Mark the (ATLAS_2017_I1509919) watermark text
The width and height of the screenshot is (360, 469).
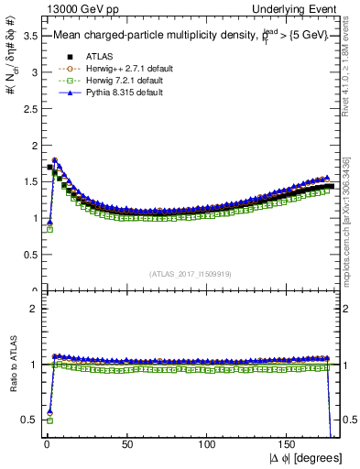pyautogui.click(x=191, y=273)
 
